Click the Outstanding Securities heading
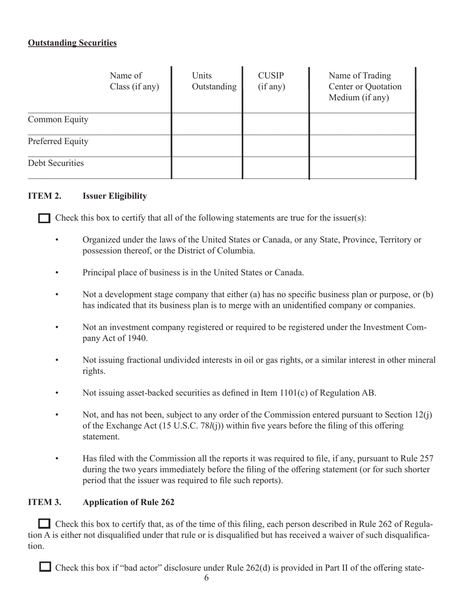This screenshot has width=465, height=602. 72,43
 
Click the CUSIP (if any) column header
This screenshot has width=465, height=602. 271,81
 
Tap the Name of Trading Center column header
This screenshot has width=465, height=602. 365,87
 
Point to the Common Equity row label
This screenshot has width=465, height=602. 58,120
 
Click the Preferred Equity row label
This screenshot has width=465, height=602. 58,142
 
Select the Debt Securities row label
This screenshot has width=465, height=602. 56,163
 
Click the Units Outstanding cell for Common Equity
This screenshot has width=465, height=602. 207,123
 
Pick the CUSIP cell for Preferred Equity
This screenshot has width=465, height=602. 276,145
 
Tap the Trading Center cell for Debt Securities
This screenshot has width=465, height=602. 362,167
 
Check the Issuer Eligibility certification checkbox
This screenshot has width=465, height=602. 44,218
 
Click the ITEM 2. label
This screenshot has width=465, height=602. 45,196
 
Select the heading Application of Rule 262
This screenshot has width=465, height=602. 129,502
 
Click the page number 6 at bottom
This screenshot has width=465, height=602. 207,578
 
